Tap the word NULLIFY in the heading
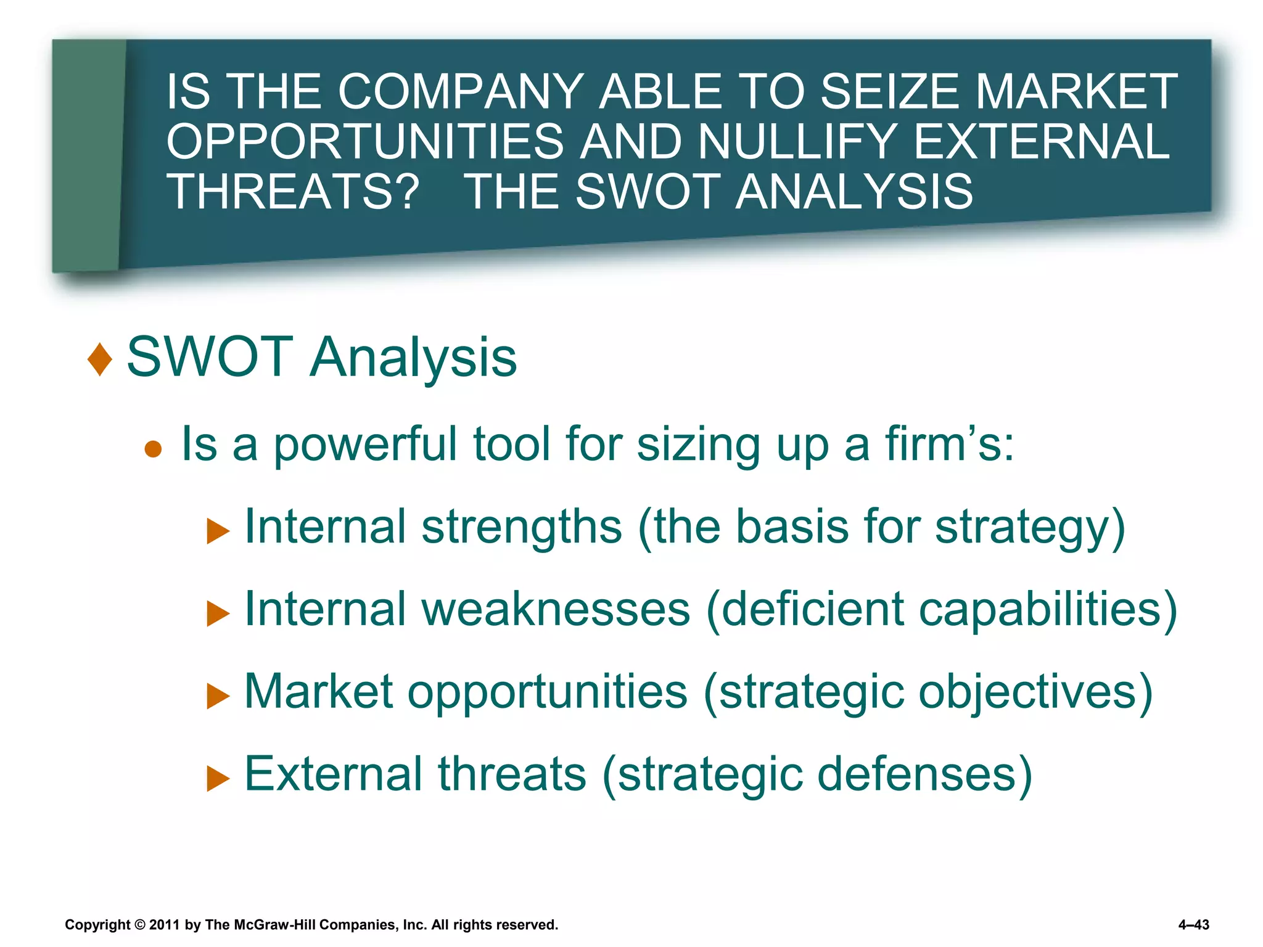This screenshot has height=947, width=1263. point(797,141)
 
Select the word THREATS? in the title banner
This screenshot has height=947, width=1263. point(293,191)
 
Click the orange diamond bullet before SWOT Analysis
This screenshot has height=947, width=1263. point(100,359)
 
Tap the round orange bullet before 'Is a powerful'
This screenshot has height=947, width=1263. point(153,449)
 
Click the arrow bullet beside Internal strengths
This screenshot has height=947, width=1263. point(217,531)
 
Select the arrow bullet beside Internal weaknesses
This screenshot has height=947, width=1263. point(217,613)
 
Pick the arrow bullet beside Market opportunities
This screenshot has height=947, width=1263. point(217,696)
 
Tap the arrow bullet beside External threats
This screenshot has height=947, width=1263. point(217,779)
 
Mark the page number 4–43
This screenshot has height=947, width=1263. point(1193,925)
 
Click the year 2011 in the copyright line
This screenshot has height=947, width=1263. point(164,925)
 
